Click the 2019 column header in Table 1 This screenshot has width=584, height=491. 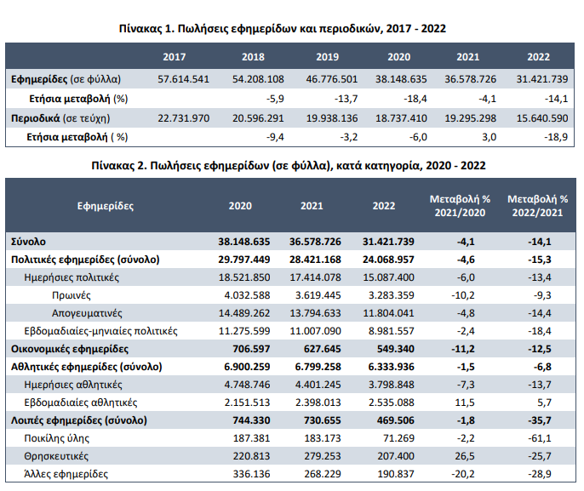(x=328, y=57)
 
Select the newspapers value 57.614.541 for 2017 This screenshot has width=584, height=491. (x=183, y=79)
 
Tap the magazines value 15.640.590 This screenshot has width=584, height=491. (x=542, y=118)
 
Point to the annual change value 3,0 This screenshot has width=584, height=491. (x=489, y=137)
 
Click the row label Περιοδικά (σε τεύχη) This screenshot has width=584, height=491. (x=60, y=118)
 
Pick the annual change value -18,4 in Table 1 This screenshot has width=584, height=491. (x=415, y=99)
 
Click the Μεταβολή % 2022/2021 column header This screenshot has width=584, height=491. (x=537, y=206)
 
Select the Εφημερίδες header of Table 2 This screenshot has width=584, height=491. (x=106, y=206)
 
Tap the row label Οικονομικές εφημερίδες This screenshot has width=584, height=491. (x=70, y=349)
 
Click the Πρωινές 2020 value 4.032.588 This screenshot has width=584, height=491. (x=247, y=295)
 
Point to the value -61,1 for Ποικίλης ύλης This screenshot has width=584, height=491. (x=540, y=438)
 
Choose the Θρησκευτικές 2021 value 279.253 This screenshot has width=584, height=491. (x=323, y=456)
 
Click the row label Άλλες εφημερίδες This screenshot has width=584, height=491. (x=66, y=474)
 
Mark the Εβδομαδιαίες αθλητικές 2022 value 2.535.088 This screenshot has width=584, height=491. (x=392, y=403)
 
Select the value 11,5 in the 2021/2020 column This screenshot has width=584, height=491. (x=465, y=403)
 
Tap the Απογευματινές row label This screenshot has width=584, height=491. (x=87, y=313)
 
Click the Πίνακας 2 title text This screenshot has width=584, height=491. (x=289, y=166)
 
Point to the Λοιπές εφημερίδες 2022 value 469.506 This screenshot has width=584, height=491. (x=396, y=420)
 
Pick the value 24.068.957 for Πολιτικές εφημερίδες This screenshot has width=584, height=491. (x=388, y=260)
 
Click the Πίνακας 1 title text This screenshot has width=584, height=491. (x=283, y=29)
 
